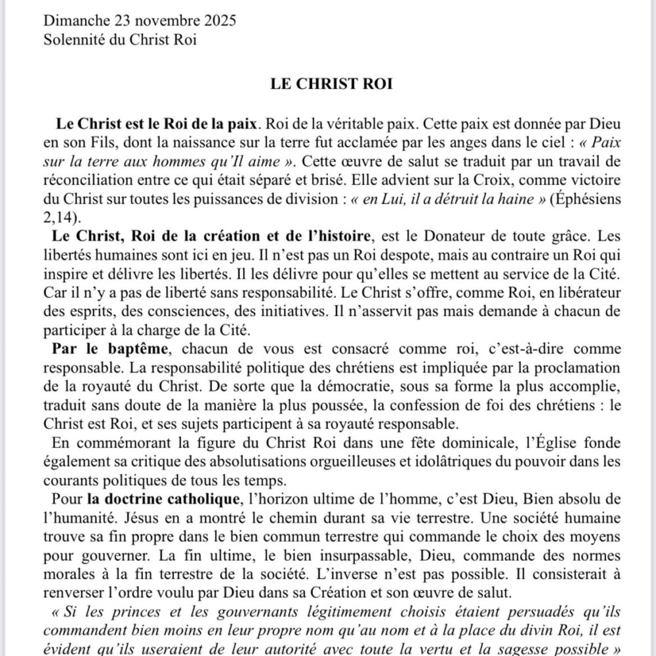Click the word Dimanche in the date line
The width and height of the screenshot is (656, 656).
[72, 20]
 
